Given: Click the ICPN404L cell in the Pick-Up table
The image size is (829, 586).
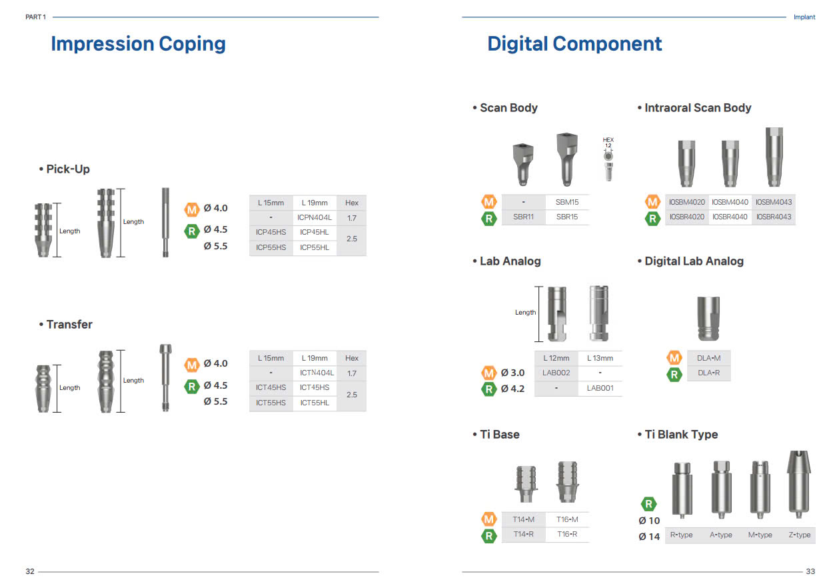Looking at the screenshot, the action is tap(315, 218).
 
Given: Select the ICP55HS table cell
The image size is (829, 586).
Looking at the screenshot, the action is tap(271, 247).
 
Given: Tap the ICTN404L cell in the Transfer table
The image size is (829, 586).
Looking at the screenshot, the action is tap(317, 373).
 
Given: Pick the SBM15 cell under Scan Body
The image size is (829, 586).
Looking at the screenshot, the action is tap(567, 202).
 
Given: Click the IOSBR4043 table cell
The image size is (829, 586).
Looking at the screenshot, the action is tap(774, 217).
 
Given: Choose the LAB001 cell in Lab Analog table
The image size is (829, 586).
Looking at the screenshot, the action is tap(600, 388).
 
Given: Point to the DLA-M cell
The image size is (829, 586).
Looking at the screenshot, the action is tap(709, 358).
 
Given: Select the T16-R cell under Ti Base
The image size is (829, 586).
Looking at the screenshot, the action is tap(567, 534).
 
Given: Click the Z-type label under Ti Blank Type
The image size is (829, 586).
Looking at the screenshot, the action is tap(800, 535).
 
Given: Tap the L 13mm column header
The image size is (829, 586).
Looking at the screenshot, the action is tap(600, 358).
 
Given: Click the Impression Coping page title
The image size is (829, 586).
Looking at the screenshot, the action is tap(138, 44).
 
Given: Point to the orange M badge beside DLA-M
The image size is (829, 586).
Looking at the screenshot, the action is tap(674, 358).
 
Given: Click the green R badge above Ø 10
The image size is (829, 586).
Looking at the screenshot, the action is tap(649, 504).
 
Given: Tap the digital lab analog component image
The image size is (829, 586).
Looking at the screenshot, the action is tap(708, 319).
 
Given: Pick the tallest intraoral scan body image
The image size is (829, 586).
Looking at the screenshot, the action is tap(774, 157).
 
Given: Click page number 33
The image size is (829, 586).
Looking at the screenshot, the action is tap(810, 571).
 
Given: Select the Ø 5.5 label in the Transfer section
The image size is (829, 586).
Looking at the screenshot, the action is tap(215, 401).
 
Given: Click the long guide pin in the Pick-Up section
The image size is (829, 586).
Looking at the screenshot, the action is tap(165, 222).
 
